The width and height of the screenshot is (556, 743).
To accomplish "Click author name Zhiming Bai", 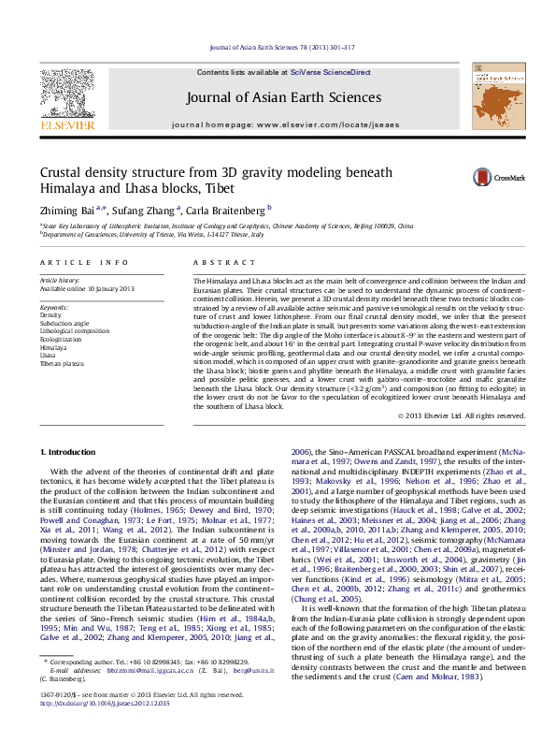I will tap(70, 210).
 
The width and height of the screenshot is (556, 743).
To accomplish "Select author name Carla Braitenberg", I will tap(227, 210).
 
